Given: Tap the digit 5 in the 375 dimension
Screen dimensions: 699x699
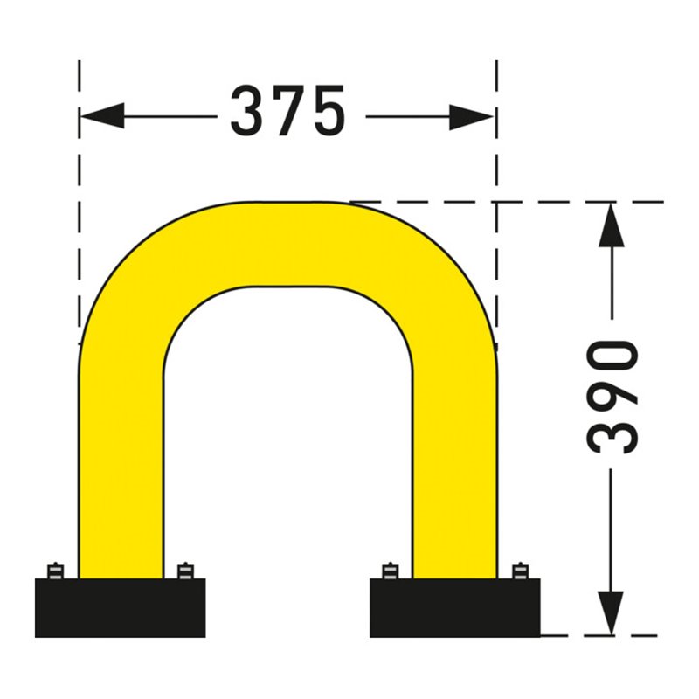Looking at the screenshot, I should coord(328,112).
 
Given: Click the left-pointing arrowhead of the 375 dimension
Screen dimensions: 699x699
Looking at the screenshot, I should coord(101,115).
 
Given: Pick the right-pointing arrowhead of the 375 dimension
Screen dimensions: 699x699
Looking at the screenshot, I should coord(473,115).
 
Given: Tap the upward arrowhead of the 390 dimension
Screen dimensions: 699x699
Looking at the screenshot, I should coord(612,226).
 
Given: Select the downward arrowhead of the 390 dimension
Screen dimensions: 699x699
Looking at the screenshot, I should coord(612,611).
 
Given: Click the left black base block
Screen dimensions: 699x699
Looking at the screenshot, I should coord(120,607).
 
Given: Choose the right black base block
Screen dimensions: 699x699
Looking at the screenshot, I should coord(454,607).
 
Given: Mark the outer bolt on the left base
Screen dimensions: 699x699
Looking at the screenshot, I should coord(55,570).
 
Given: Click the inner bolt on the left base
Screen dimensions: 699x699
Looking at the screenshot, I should coord(184,570).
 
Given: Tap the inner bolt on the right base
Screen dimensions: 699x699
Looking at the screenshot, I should coord(390,570).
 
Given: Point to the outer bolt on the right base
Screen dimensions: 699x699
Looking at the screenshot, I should coord(520,570).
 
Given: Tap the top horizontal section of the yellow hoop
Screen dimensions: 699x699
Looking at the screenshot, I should coord(288,244).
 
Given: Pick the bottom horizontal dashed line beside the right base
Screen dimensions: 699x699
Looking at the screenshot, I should coord(603,635).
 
